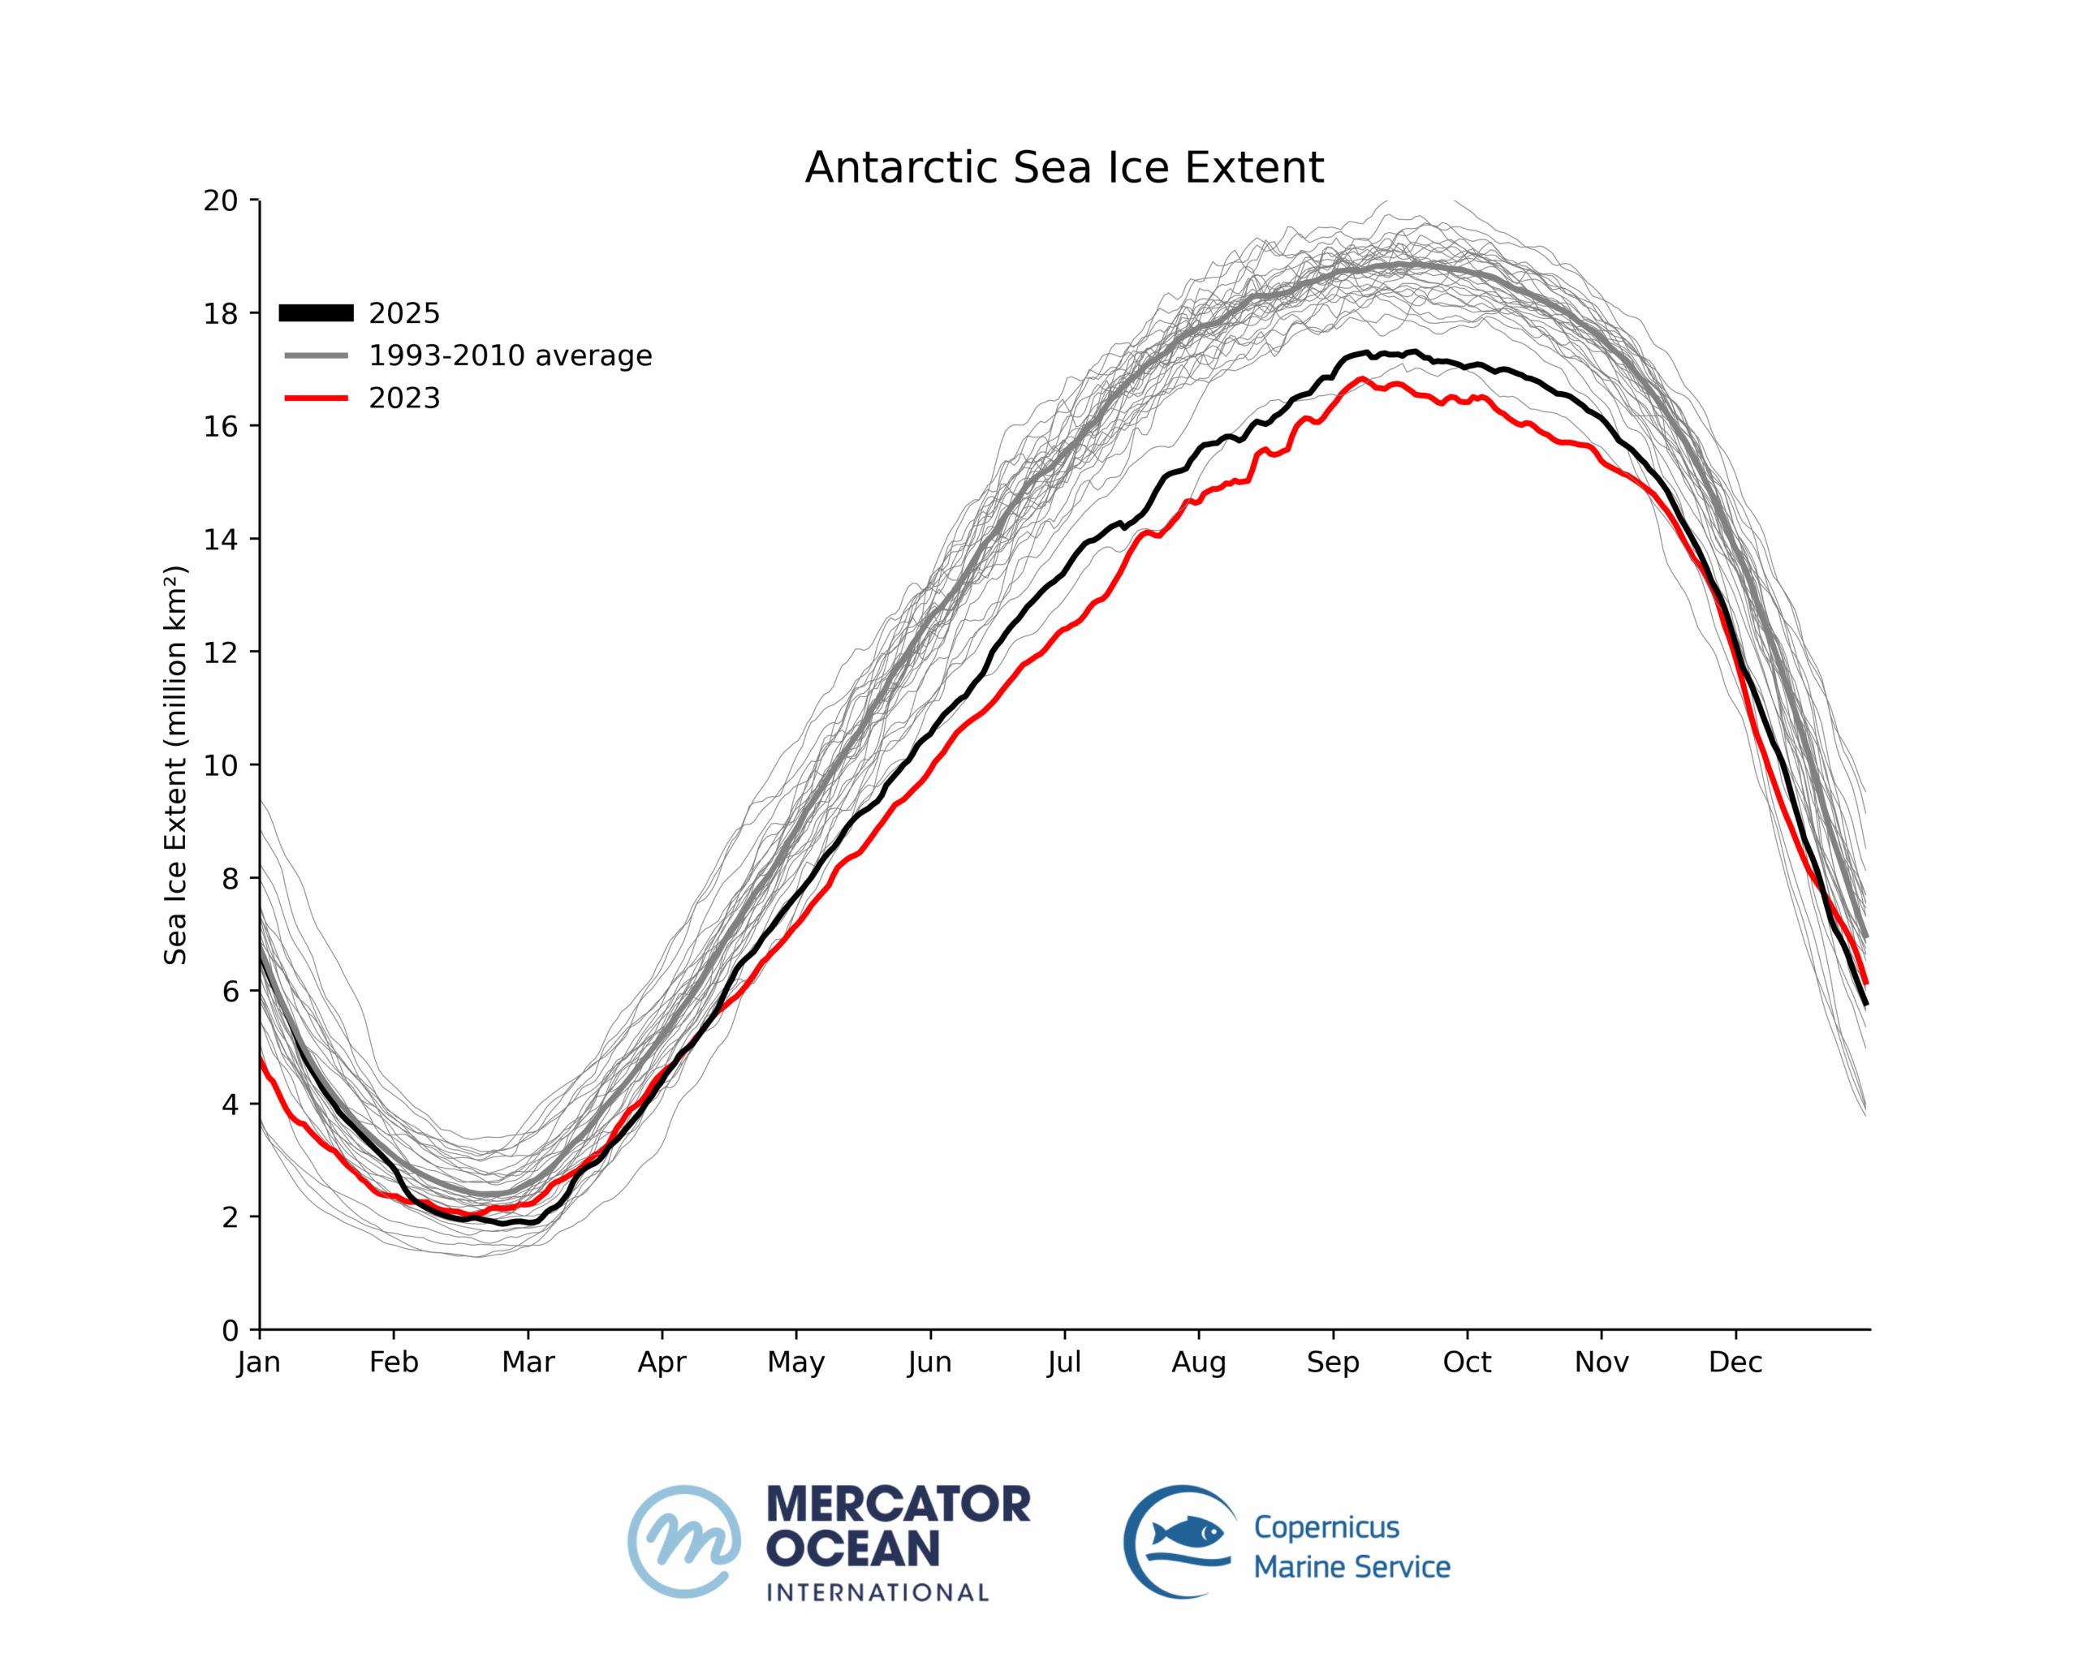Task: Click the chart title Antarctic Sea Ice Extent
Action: tap(1064, 168)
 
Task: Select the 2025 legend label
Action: tap(404, 313)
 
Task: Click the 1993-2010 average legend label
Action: tap(510, 355)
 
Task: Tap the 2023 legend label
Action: tap(404, 398)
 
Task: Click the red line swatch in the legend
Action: tap(316, 398)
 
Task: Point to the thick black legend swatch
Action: tap(316, 313)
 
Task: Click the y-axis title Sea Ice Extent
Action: tap(175, 765)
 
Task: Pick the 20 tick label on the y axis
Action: tap(220, 200)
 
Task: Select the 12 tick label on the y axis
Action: tap(220, 652)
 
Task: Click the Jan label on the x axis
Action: tap(258, 1363)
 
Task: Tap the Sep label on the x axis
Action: tap(1333, 1363)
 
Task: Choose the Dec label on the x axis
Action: tap(1735, 1363)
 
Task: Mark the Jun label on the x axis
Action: tap(929, 1363)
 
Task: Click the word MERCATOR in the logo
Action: tap(899, 1504)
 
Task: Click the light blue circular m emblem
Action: tap(684, 1542)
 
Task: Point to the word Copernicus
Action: tap(1326, 1527)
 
